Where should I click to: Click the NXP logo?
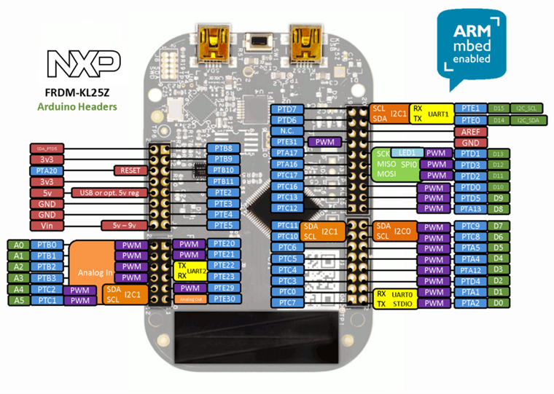(x=79, y=63)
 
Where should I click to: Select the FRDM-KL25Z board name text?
(x=80, y=92)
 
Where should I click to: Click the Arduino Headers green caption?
(x=80, y=106)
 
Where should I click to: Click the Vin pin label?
(x=47, y=226)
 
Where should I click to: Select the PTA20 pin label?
(x=47, y=170)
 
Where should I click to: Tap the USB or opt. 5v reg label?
(x=108, y=192)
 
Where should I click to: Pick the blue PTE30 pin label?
(x=222, y=299)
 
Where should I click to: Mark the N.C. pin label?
(x=286, y=131)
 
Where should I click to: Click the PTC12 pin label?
(x=286, y=208)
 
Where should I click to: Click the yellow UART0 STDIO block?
(x=395, y=299)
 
